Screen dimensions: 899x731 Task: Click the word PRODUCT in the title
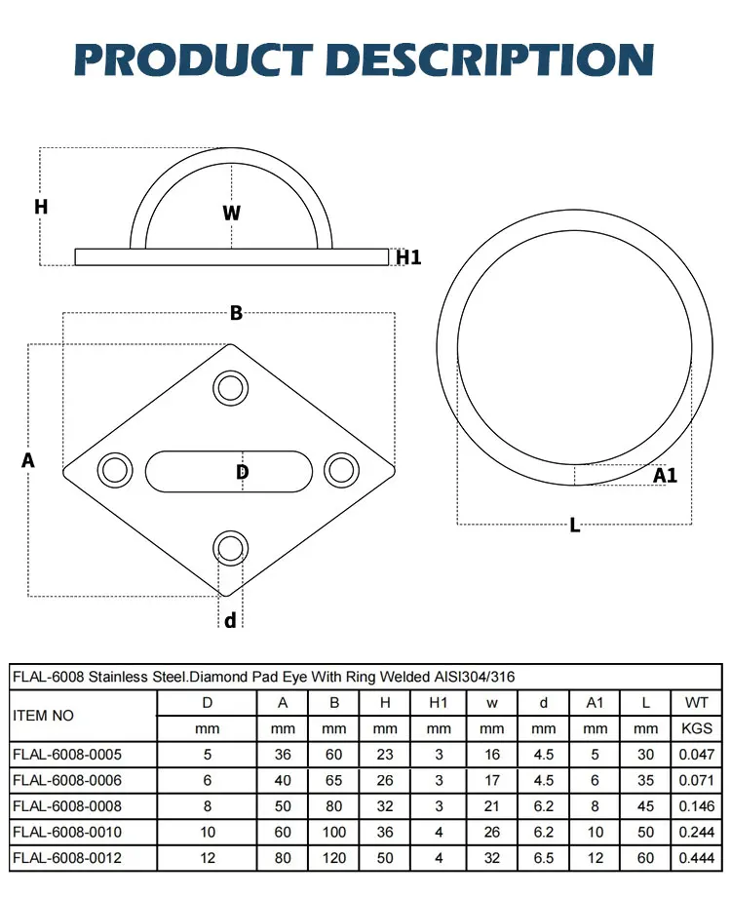196,59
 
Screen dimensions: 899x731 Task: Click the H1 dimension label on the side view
408,257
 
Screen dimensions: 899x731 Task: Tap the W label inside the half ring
231,213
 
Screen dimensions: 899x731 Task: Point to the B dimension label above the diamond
236,313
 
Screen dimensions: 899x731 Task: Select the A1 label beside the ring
665,476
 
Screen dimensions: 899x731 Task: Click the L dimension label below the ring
574,526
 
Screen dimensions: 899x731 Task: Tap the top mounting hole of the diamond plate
230,388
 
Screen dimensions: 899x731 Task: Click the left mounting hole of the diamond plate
115,469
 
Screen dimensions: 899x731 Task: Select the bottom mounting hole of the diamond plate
230,546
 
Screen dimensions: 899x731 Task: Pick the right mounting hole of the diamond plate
341,469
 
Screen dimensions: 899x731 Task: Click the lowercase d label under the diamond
230,620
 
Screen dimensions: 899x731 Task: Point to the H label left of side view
41,207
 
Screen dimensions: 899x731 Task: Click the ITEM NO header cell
43,715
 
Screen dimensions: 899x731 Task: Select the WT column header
697,702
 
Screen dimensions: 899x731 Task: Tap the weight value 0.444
697,857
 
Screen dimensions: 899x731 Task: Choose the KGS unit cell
697,728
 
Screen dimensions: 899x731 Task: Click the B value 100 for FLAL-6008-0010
334,832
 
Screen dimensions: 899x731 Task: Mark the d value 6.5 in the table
544,857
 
